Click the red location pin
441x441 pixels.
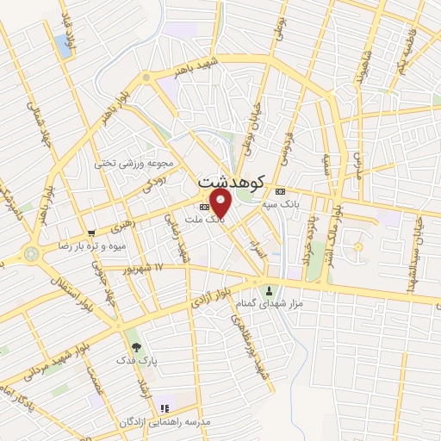point(221,203)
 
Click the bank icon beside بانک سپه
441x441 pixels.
point(279,191)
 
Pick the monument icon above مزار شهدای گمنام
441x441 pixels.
point(271,290)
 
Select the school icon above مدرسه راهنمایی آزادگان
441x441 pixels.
point(165,407)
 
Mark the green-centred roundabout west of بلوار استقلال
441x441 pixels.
point(32,254)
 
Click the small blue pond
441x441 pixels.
point(64,46)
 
